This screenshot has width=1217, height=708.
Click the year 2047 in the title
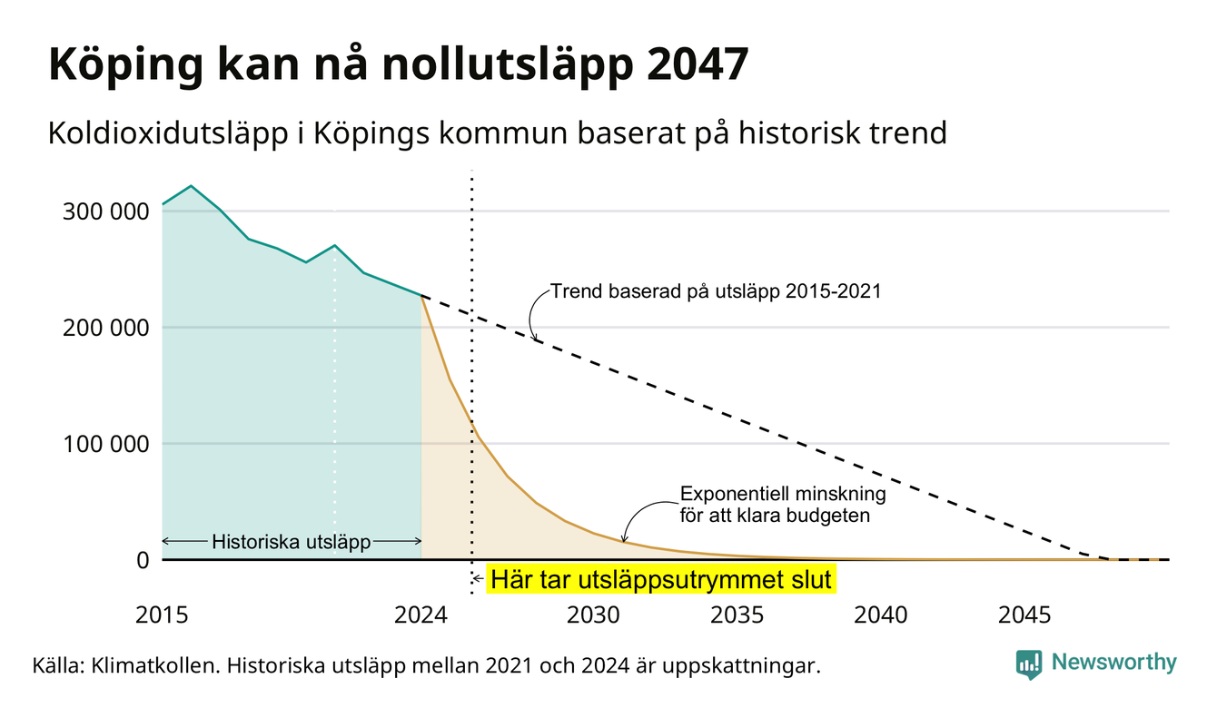pos(698,64)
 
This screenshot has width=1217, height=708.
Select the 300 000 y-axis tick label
pos(105,211)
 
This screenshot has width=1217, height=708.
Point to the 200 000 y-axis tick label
pos(105,328)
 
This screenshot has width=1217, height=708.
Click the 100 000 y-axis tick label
pos(105,444)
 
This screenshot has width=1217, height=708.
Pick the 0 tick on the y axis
pos(143,560)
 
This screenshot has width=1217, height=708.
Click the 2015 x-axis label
pos(162,615)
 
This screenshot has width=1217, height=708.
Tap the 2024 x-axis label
pos(421,615)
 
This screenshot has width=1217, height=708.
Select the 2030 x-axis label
pos(593,615)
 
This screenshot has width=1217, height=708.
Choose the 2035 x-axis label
pos(737,615)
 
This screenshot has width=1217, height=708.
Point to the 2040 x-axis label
pos(881,615)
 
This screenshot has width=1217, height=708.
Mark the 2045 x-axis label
pos(1024,615)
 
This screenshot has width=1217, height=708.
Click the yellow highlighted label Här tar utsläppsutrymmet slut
pos(660,580)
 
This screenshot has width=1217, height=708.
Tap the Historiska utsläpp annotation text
pos(292,542)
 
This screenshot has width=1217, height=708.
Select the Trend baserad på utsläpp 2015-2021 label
pos(716,291)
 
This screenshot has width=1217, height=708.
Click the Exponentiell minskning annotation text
pos(783,494)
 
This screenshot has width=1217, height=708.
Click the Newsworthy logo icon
pos(1028,664)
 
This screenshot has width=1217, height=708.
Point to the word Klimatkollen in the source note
pos(155,665)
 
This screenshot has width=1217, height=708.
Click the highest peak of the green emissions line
pos(191,186)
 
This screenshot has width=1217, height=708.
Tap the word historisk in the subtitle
pos(798,133)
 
